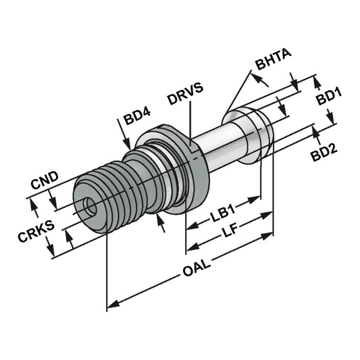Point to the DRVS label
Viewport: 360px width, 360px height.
pos(186,99)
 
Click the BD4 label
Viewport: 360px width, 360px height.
pos(138,122)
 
